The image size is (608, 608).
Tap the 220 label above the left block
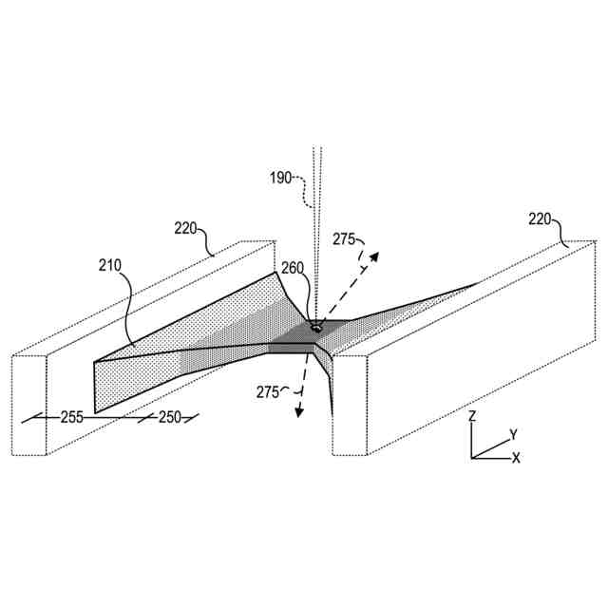pyautogui.click(x=186, y=227)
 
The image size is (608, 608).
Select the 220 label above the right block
pyautogui.click(x=541, y=218)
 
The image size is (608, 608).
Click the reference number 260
pyautogui.click(x=293, y=269)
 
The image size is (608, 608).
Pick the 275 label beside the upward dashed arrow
pyautogui.click(x=345, y=238)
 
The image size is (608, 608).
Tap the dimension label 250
pyautogui.click(x=169, y=416)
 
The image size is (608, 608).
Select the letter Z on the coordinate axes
pyautogui.click(x=473, y=417)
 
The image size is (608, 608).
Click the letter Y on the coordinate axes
pyautogui.click(x=513, y=434)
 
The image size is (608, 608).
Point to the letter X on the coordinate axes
pyautogui.click(x=516, y=458)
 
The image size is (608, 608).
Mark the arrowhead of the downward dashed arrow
pyautogui.click(x=297, y=411)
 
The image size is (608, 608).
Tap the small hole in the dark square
pyautogui.click(x=315, y=327)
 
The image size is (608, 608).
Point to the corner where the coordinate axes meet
pyautogui.click(x=473, y=458)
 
